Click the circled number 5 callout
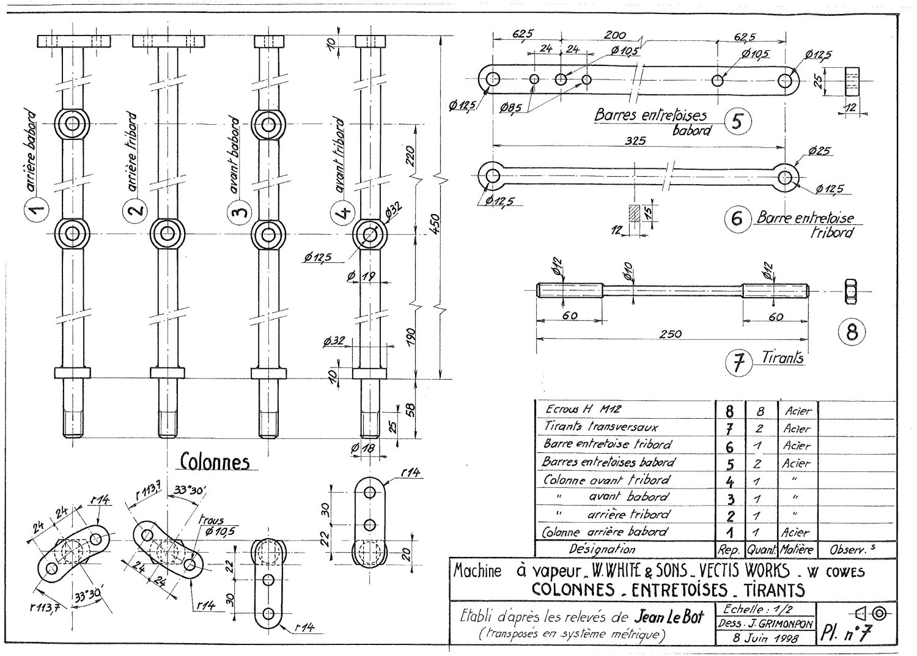(737, 121)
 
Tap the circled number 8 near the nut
(852, 332)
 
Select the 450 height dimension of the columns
(435, 223)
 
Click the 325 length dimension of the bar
(635, 141)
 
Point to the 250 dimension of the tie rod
(671, 334)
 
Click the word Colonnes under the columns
(215, 462)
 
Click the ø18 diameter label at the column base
(363, 449)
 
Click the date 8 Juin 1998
(765, 639)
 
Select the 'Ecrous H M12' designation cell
(583, 408)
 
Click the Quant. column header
(762, 550)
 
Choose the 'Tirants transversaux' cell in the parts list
(600, 426)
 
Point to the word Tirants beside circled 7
(783, 358)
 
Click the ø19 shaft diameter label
(361, 277)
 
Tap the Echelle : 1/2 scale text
(757, 609)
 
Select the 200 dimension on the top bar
(615, 35)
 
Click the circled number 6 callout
(737, 219)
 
